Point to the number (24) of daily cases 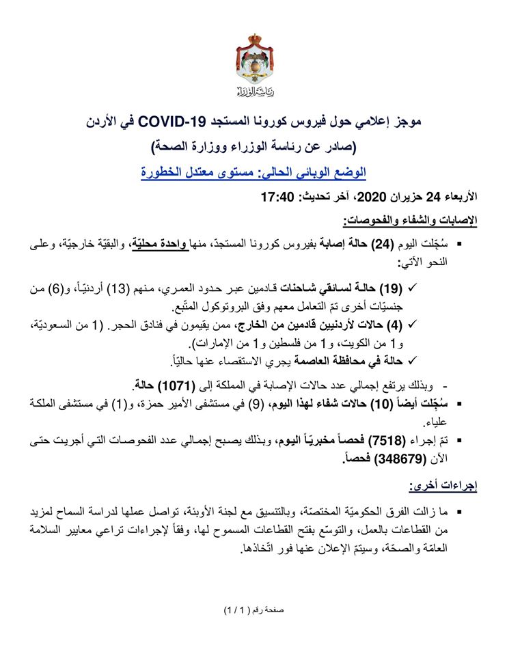tap(402, 244)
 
